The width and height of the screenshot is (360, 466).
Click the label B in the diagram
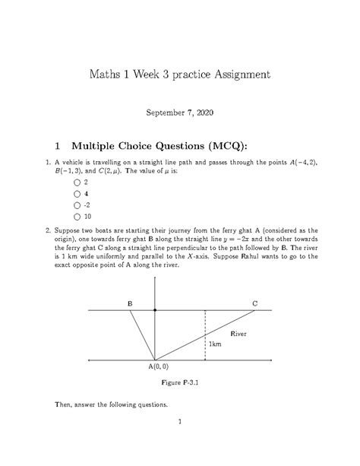click(131, 303)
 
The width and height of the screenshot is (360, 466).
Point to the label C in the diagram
click(255, 303)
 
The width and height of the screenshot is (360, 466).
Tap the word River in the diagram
click(238, 334)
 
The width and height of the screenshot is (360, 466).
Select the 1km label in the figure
click(215, 344)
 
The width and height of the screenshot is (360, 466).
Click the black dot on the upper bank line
click(155, 310)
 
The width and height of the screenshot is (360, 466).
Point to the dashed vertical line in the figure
click(205, 334)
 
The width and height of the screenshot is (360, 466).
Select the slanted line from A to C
click(205, 335)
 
